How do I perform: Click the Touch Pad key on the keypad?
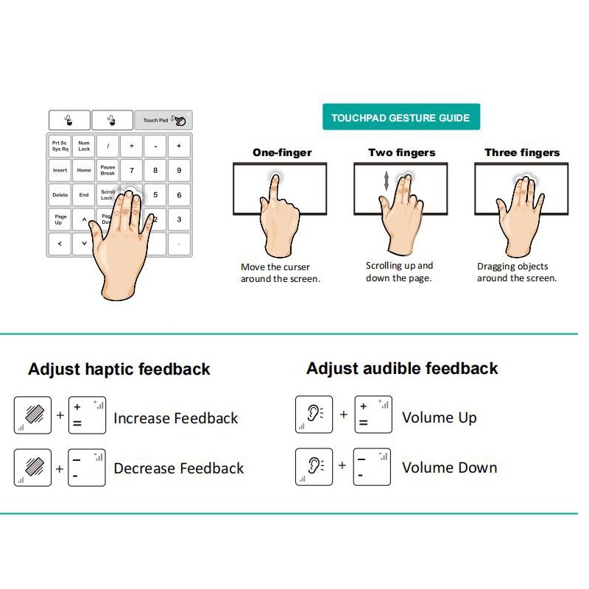click(163, 120)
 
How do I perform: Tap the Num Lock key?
click(84, 146)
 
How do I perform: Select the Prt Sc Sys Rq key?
click(60, 146)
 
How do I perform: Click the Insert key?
click(60, 171)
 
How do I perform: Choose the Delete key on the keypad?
click(60, 195)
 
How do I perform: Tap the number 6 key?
click(179, 195)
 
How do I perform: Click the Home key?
click(84, 171)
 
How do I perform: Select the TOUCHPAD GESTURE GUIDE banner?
click(401, 117)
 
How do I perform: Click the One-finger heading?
click(282, 152)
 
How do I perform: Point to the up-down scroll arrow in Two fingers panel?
click(386, 180)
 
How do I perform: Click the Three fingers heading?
click(522, 152)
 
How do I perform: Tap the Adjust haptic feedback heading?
click(119, 369)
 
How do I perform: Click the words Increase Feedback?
click(176, 418)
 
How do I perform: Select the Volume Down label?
click(450, 468)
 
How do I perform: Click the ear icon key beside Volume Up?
click(314, 415)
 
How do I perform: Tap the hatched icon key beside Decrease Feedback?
click(32, 468)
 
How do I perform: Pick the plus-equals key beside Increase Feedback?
click(87, 415)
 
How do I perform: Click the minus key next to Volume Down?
click(372, 467)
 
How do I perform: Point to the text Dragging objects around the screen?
click(517, 272)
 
